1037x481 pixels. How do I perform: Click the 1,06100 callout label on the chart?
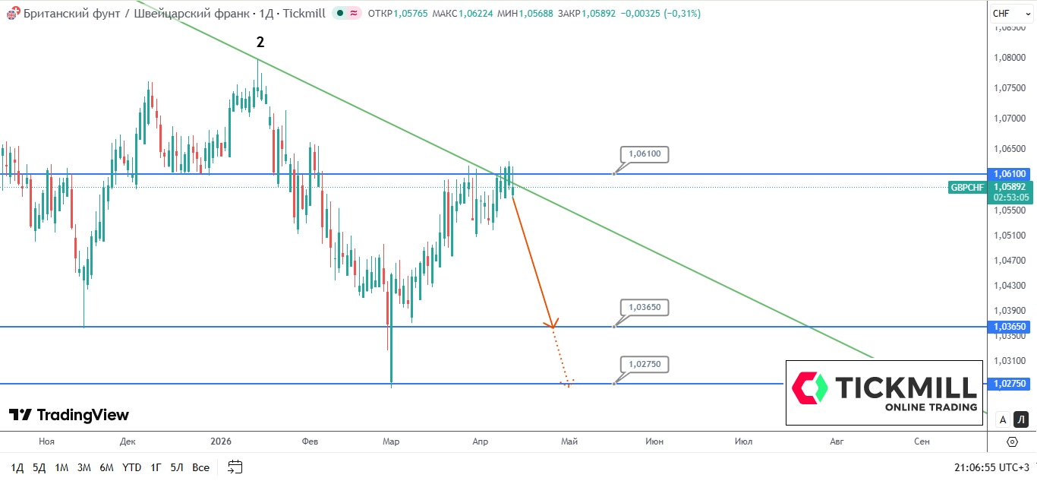tap(645, 154)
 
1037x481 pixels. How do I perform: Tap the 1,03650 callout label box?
tap(645, 308)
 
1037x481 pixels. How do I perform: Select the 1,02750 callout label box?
tap(645, 365)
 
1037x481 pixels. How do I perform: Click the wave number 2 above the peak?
tap(260, 43)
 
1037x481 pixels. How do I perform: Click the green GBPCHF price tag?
tap(967, 187)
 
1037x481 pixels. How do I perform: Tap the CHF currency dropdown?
tap(1010, 13)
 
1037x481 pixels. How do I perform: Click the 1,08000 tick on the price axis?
tap(1010, 57)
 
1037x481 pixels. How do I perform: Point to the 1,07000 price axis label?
tap(1010, 118)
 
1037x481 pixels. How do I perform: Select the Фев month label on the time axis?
tap(309, 441)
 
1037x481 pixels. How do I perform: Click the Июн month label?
tap(654, 441)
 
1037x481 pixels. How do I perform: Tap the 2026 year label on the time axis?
tap(221, 441)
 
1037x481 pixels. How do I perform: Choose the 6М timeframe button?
tap(106, 467)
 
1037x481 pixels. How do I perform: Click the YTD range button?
tap(131, 467)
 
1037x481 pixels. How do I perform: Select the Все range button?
tap(200, 467)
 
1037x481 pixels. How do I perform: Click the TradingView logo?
tap(69, 415)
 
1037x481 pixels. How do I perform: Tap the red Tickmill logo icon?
tap(809, 388)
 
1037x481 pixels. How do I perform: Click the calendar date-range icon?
tap(235, 467)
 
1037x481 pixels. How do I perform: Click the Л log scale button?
tap(1021, 419)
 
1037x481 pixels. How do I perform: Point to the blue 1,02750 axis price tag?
tap(1010, 384)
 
